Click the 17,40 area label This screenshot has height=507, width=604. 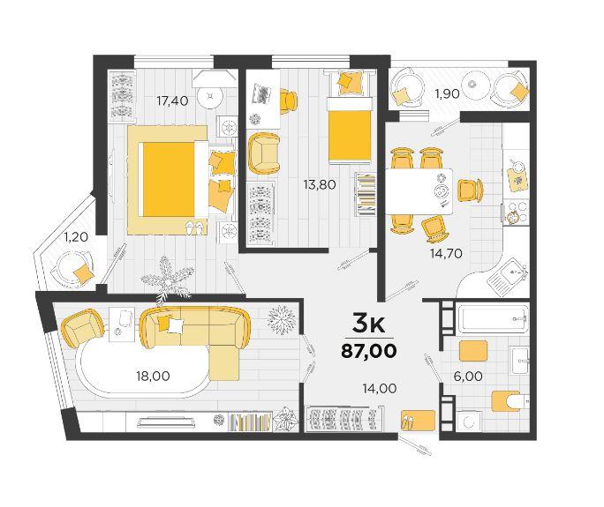(x=172, y=101)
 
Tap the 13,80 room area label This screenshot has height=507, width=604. (x=320, y=184)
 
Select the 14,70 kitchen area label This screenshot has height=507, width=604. (x=446, y=254)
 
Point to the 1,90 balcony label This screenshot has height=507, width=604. (x=447, y=93)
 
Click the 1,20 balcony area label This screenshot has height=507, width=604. (x=76, y=237)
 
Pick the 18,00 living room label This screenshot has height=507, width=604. (x=153, y=376)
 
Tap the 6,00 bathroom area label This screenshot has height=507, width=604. (x=468, y=377)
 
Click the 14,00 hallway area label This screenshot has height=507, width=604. (x=380, y=389)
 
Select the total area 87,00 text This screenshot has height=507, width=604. (x=368, y=351)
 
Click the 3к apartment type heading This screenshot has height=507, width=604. (x=368, y=324)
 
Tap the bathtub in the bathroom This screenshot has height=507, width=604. (x=494, y=318)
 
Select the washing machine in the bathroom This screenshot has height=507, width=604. (x=468, y=421)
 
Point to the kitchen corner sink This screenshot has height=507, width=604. (x=507, y=277)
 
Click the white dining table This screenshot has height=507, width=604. (x=419, y=191)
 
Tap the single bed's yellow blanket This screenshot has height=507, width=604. (x=350, y=136)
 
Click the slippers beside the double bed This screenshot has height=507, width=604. (x=195, y=227)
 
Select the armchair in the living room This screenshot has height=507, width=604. (x=82, y=328)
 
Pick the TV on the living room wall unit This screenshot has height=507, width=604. (x=166, y=422)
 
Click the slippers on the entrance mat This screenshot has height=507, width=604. (x=408, y=421)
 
